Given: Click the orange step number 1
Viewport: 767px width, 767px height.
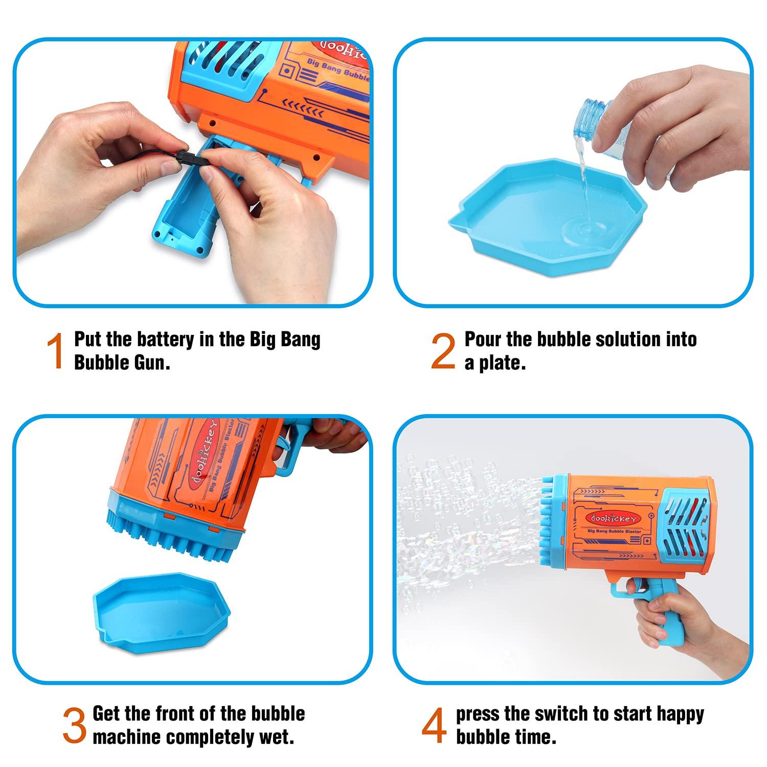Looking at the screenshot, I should (x=55, y=351).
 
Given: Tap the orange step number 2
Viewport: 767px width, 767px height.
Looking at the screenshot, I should (x=443, y=351).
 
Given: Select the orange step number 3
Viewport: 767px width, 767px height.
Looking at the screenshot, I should (x=75, y=726).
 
